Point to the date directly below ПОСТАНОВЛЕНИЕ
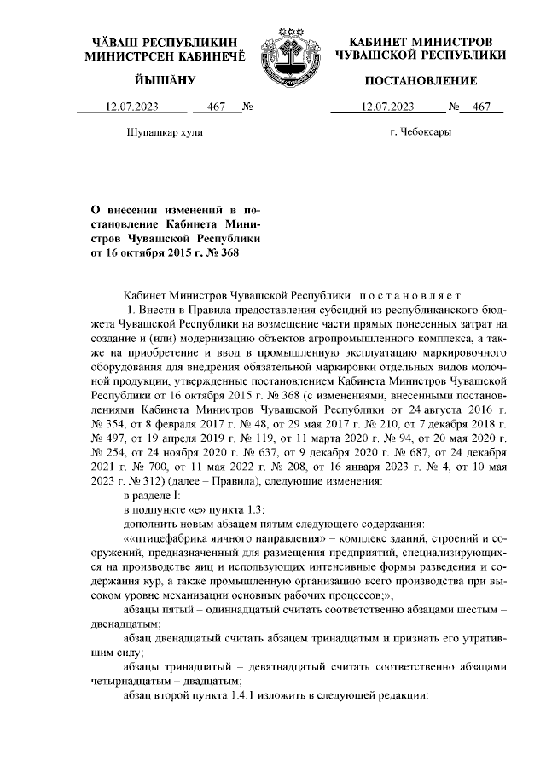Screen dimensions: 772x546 [387, 107]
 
